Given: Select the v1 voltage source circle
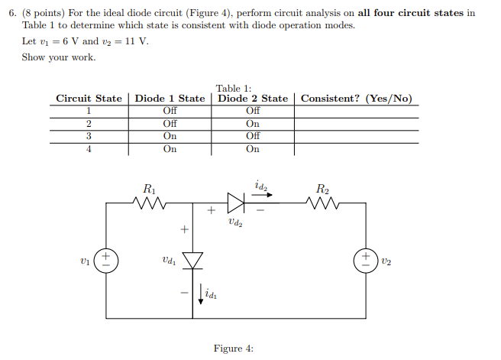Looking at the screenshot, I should [106, 261].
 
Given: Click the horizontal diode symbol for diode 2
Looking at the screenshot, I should [236, 203].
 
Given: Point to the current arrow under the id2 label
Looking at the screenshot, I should [262, 193].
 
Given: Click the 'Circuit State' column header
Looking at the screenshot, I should [89, 99].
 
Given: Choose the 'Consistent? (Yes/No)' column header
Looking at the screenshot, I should [356, 99].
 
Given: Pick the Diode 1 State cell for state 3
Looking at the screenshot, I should [170, 136].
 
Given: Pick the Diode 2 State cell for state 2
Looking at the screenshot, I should [253, 124].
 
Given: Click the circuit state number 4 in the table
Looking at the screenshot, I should [89, 149].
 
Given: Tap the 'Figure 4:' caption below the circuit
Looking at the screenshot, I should [233, 349].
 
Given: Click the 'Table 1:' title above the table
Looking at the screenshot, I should [234, 88].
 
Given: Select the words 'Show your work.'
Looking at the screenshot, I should [59, 57].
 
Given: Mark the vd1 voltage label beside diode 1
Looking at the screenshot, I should [170, 261].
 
